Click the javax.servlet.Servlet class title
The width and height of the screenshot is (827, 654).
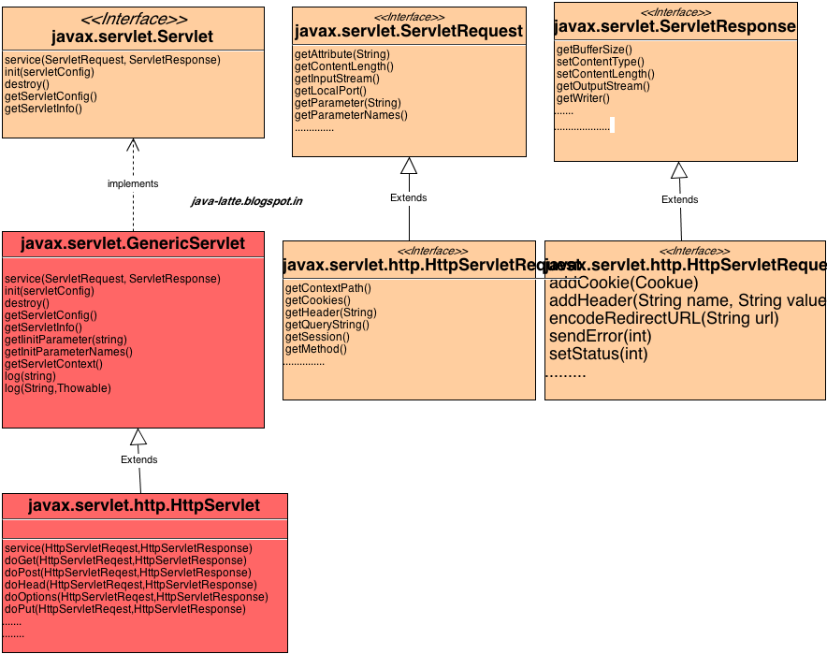coord(132,37)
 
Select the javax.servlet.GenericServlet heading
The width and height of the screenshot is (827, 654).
coord(132,244)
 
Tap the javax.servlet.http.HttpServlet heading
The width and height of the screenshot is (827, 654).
coord(144,506)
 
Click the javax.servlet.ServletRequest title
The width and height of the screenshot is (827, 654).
coord(408,32)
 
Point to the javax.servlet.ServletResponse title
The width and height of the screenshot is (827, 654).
coord(675,27)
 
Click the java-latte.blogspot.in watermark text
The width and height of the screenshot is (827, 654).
coord(246,201)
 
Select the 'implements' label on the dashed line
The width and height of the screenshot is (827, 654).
coord(133,183)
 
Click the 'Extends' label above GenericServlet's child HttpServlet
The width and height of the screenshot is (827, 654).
coord(139,459)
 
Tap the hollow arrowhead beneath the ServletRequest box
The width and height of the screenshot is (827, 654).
coord(409,167)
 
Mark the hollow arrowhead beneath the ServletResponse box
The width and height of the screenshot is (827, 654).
coord(679,170)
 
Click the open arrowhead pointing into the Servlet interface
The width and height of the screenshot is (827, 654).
coord(133,144)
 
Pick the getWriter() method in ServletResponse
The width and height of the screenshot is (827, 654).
coord(583,98)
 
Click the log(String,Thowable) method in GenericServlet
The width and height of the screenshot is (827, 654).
coord(58,388)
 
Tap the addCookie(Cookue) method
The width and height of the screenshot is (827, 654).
coord(623,283)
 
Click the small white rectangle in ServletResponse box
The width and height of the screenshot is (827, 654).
coord(612,124)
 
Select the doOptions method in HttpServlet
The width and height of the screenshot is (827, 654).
coord(137,597)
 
